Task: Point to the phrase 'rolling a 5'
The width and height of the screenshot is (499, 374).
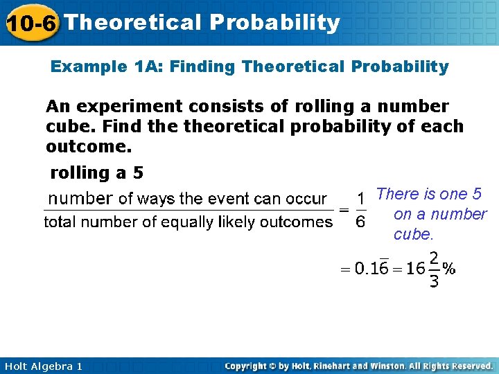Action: coord(96,172)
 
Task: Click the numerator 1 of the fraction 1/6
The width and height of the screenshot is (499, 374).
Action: coord(360,199)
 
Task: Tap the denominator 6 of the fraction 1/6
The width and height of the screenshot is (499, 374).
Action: coord(360,222)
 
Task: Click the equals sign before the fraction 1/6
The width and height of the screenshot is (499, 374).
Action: coord(343,210)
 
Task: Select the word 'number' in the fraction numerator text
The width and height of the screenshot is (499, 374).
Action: coord(80,199)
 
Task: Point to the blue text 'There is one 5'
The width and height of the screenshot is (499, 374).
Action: coord(428,195)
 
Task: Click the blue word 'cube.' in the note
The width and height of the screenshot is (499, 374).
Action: coord(413,234)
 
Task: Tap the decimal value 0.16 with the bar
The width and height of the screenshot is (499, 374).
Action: coord(371,269)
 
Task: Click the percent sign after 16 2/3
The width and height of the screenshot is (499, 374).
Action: coord(449,269)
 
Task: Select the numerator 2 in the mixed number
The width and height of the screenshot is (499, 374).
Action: coord(434,258)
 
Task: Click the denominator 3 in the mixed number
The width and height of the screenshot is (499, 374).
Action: coord(434,281)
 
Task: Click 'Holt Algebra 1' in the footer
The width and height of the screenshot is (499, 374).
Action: coord(43,366)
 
